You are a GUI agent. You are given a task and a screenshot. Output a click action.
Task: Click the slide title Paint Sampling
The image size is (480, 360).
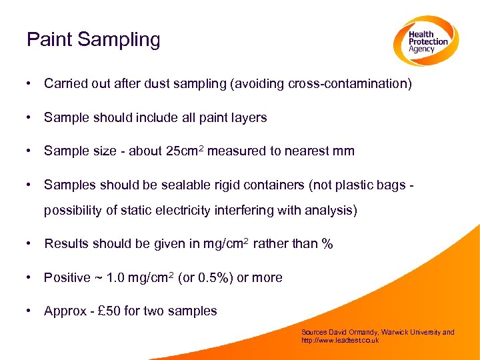[x=93, y=40]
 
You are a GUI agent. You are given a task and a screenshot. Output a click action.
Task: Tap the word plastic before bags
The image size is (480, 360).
[x=354, y=185]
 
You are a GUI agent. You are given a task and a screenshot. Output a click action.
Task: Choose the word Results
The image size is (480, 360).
[x=66, y=244]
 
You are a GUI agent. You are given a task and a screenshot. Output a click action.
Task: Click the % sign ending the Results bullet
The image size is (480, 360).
[x=327, y=244]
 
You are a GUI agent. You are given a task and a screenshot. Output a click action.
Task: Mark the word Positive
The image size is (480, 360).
[x=66, y=278]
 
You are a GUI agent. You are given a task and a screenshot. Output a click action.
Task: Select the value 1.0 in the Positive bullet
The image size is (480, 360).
[x=117, y=278]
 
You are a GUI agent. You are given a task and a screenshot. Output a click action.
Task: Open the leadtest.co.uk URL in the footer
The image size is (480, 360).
[x=340, y=340]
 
